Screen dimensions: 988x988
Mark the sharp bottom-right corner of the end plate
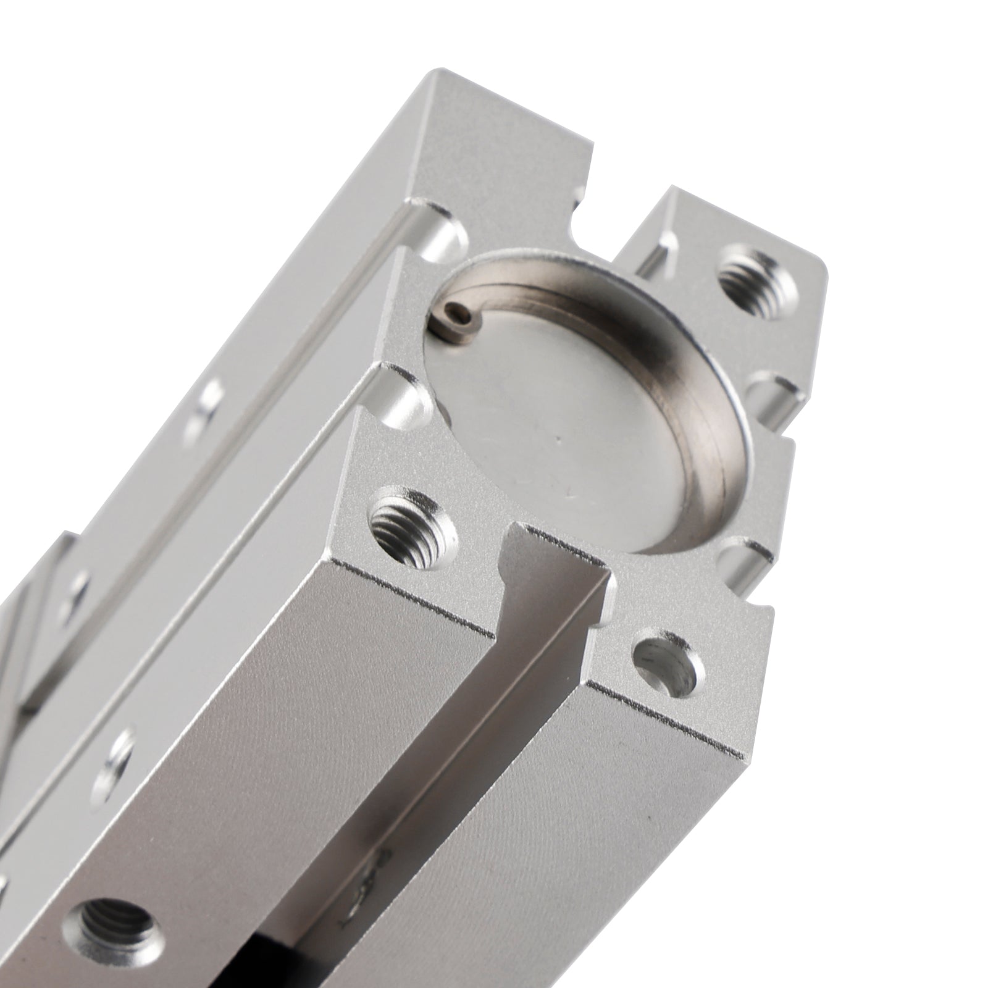pyautogui.click(x=741, y=755)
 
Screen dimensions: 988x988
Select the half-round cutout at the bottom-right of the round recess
pyautogui.click(x=744, y=556)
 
